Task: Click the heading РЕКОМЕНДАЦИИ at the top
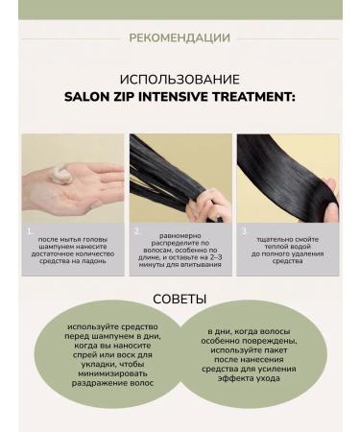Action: coord(180,38)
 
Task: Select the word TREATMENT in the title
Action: coord(258,97)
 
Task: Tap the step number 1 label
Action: coord(30,231)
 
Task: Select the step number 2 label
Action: coord(137,231)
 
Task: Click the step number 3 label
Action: coord(245,231)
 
